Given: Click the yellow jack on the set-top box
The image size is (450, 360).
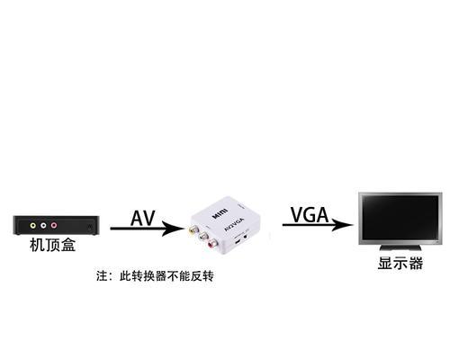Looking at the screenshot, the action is coord(32,225).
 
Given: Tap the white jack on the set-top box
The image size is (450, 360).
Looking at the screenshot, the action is coord(43,225).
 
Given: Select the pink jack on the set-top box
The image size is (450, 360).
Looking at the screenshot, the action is coord(54,225).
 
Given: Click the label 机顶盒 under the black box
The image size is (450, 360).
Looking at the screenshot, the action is coord(52,245).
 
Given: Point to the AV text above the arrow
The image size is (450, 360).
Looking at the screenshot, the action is coord(143,218).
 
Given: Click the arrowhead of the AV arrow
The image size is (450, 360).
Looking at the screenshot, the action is coord(173,229).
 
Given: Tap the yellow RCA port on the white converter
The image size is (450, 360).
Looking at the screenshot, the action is coord(193,230).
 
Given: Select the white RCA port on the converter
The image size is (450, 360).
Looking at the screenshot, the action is coord(203,236).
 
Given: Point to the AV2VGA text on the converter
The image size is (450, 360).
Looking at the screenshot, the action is coord(235,224).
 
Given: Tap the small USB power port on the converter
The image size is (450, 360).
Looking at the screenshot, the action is coord(238,241).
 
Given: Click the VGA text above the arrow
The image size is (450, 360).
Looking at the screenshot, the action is coord(310,215).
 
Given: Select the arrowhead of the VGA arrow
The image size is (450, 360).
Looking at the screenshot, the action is coord(342,224).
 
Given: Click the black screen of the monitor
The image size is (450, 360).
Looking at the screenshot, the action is coord(400,218).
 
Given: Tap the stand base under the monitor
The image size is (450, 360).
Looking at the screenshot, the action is coord(400,247).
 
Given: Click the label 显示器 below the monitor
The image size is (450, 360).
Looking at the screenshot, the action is coord(400,263).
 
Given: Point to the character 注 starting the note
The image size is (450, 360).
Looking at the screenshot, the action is coord(102,276).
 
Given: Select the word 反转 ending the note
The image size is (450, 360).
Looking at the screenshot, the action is coord(202,276).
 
